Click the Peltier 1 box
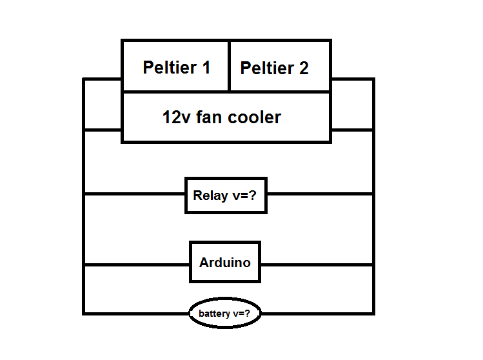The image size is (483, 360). pyautogui.click(x=175, y=66)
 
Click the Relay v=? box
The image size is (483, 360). pyautogui.click(x=226, y=195)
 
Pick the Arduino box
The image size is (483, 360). pyautogui.click(x=225, y=263)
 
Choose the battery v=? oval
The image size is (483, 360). pyautogui.click(x=225, y=314)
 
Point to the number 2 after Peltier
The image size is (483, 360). pyautogui.click(x=303, y=68)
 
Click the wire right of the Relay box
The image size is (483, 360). pyautogui.click(x=319, y=194)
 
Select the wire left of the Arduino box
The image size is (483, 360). pyautogui.click(x=136, y=265)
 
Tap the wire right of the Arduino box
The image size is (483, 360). pyautogui.click(x=317, y=265)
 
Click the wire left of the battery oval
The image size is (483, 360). pyautogui.click(x=136, y=314)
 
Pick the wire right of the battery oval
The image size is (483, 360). pyautogui.click(x=317, y=314)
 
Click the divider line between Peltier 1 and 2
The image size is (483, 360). pyautogui.click(x=229, y=66)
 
